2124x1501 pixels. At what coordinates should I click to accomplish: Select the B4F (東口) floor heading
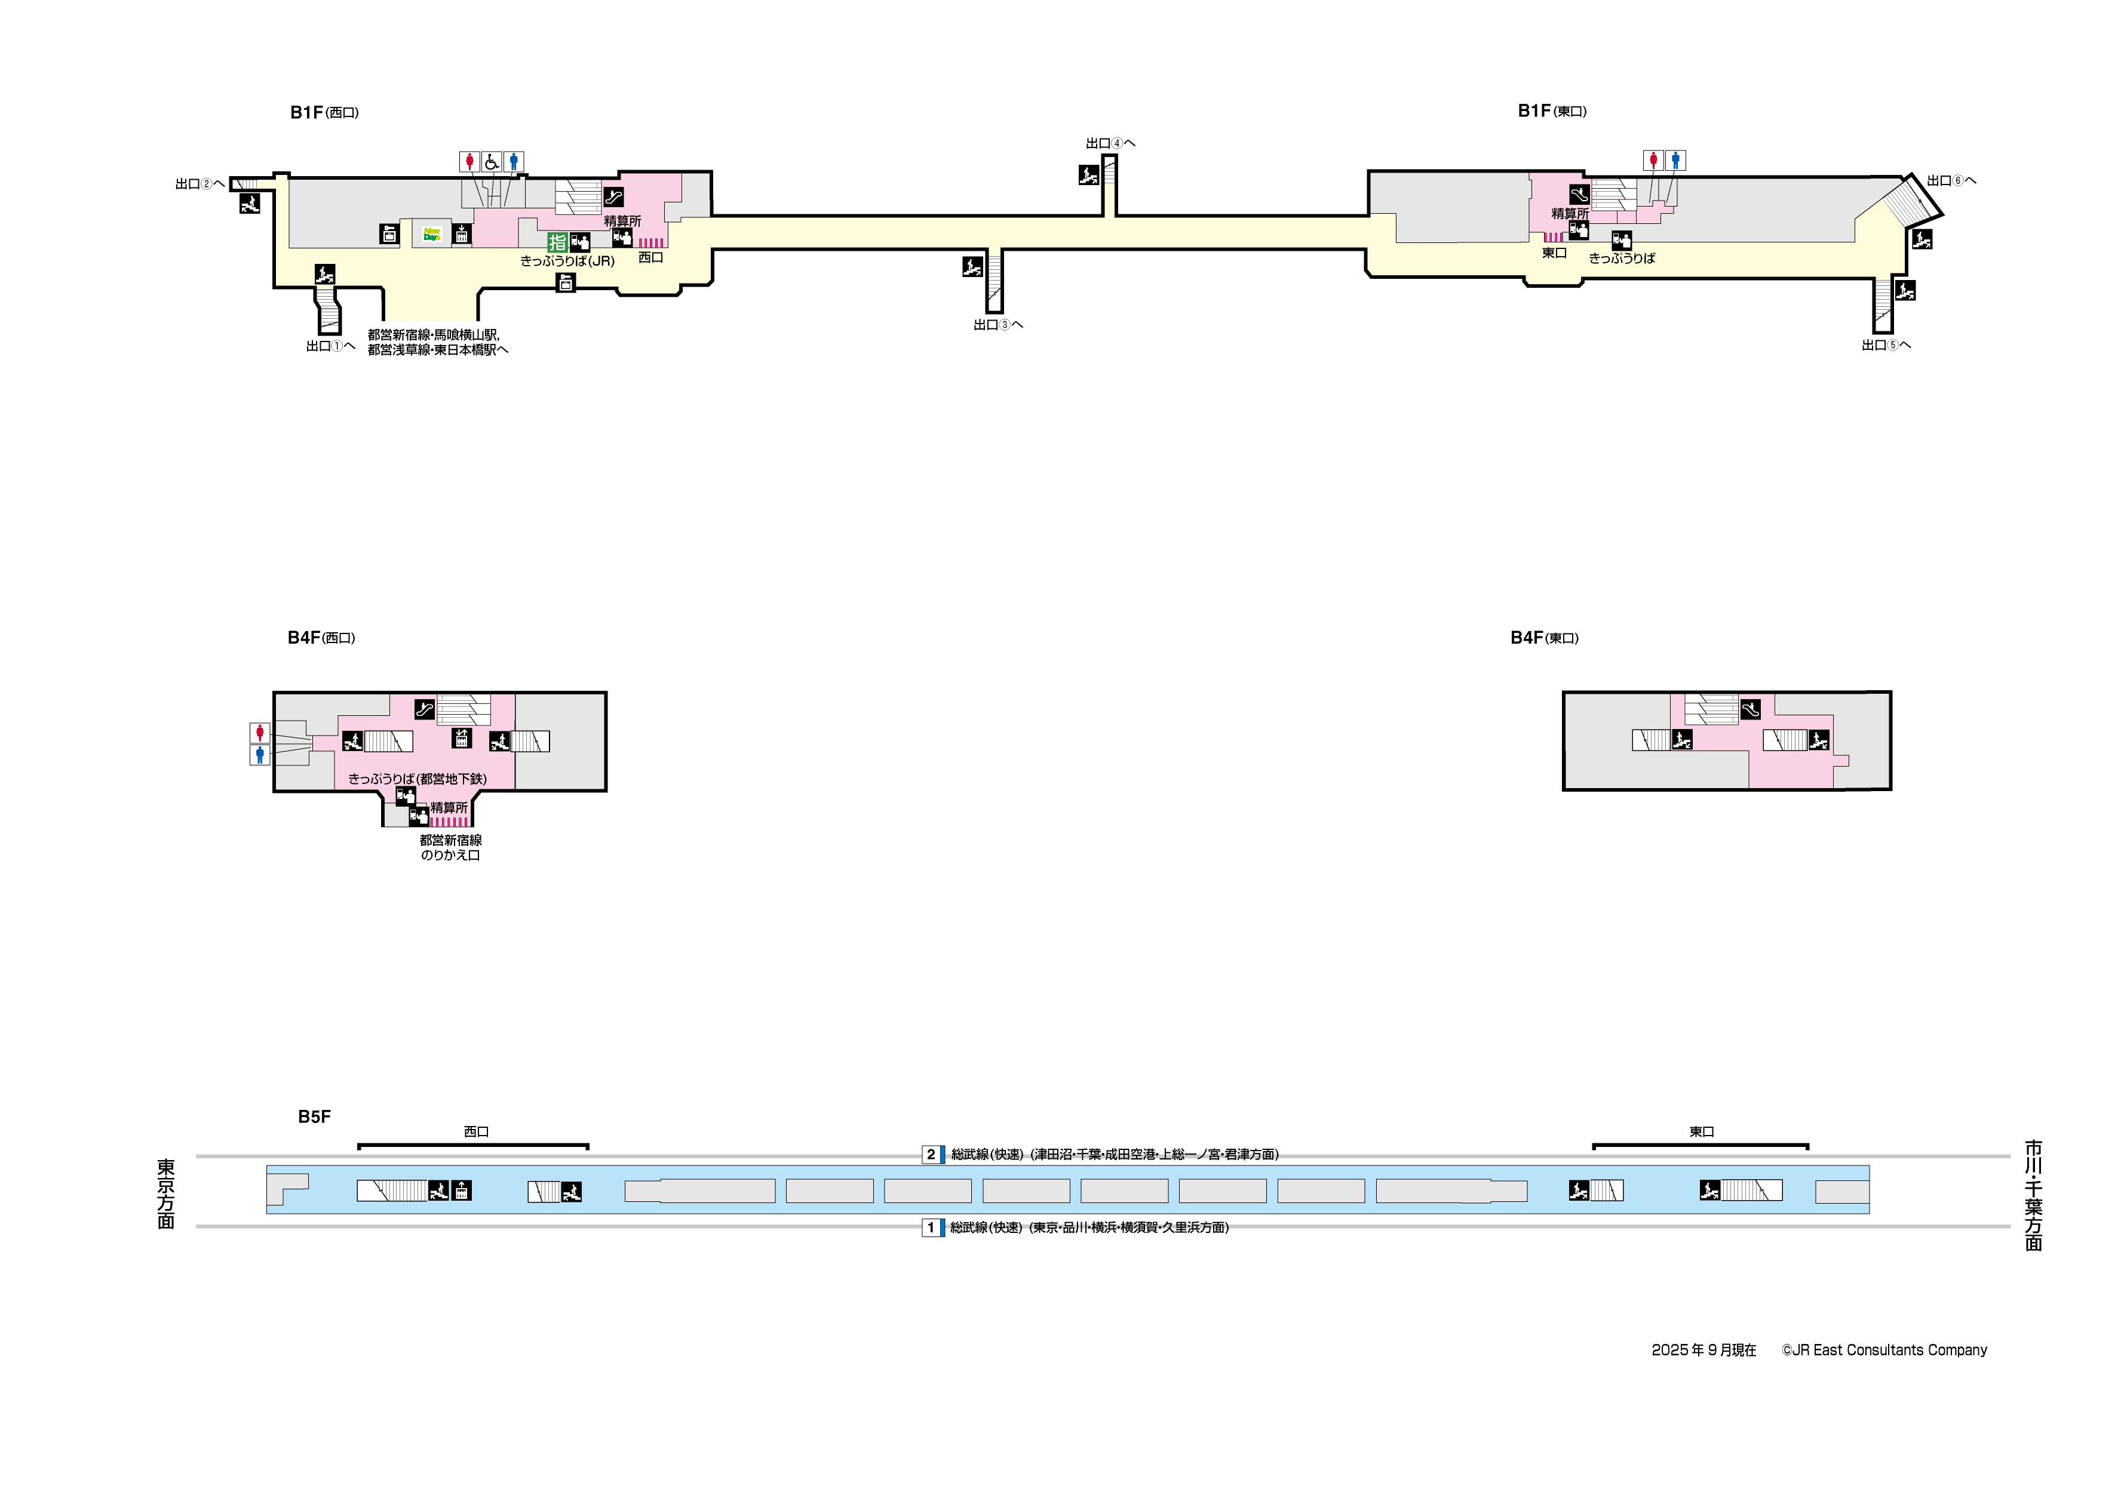(x=1544, y=638)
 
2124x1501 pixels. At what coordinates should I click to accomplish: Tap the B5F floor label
(x=314, y=1116)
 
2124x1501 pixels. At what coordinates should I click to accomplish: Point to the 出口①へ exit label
(x=330, y=346)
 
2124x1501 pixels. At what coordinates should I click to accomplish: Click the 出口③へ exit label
(x=997, y=325)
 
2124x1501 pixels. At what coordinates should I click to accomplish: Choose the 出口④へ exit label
(x=1110, y=143)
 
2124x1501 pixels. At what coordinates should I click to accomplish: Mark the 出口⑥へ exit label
(x=1951, y=180)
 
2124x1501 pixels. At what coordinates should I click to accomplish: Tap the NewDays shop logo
(x=431, y=235)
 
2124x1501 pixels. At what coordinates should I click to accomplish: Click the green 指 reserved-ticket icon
(x=557, y=242)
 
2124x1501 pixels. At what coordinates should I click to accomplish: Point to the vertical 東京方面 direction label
(x=165, y=1194)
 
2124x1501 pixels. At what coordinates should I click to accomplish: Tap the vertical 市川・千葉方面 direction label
(x=2033, y=1195)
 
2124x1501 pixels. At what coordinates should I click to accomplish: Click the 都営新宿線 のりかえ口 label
(x=450, y=847)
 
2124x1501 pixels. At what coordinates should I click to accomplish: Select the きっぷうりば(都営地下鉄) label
(x=417, y=779)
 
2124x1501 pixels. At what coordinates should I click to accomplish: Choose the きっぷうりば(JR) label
(x=567, y=261)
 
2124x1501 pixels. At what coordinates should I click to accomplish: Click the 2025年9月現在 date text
(x=1703, y=1351)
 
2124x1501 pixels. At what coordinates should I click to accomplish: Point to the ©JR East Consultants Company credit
(x=1884, y=1351)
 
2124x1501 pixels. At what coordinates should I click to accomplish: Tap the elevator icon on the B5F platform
(x=461, y=1191)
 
